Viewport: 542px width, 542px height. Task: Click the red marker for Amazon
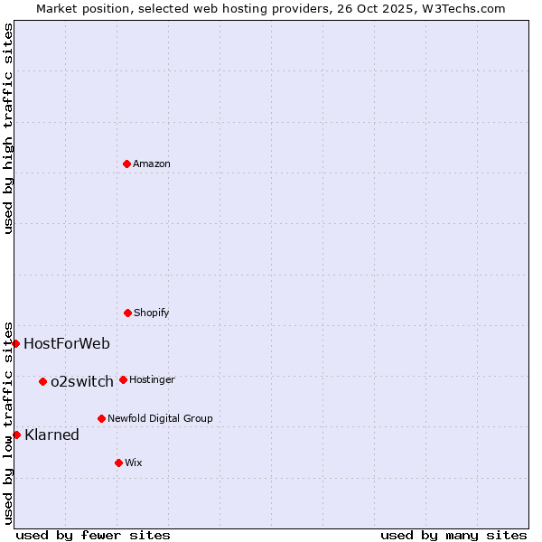[126, 164]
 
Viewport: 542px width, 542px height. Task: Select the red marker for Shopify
[127, 313]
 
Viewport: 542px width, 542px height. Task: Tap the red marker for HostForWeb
[15, 343]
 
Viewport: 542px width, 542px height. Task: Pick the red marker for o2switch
[42, 381]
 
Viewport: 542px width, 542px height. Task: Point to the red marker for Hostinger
[123, 379]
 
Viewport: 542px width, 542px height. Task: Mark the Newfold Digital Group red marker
[101, 418]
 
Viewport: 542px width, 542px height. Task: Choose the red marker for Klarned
[16, 435]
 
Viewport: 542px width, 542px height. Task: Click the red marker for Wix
[118, 463]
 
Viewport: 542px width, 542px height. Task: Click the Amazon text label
[152, 164]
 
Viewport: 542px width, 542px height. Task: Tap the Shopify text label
[152, 313]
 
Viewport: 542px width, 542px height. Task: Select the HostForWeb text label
[67, 343]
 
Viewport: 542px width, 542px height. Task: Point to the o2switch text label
[82, 381]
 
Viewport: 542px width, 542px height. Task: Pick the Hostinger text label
[152, 379]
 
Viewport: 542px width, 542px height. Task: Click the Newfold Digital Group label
[160, 418]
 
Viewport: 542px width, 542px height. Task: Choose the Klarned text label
[52, 435]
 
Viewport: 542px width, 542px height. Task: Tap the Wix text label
[134, 463]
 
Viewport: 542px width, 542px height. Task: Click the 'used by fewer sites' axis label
[93, 535]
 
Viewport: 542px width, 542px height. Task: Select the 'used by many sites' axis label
[453, 535]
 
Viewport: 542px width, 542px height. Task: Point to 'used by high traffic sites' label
[8, 127]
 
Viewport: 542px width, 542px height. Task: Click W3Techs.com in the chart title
[461, 8]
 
